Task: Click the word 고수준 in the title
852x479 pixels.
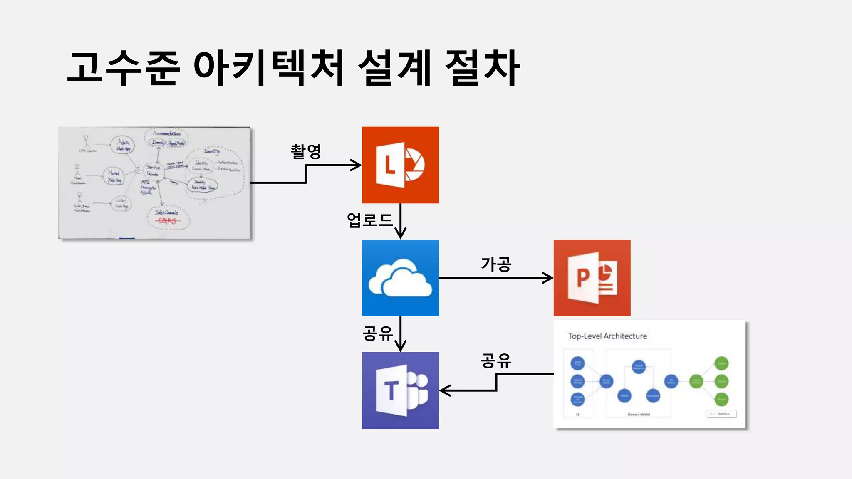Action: point(124,69)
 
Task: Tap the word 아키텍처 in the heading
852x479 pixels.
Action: point(269,69)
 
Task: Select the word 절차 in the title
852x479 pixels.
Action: point(483,69)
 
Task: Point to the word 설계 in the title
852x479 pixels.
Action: point(394,69)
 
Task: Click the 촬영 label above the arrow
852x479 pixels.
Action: point(306,152)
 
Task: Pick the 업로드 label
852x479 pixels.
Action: point(369,220)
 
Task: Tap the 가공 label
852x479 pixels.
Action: point(496,264)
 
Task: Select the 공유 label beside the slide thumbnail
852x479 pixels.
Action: point(496,360)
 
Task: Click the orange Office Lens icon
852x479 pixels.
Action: point(400,165)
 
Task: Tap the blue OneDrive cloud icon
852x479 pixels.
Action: point(400,278)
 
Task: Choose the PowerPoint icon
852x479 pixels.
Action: point(592,278)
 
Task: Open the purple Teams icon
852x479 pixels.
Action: point(400,390)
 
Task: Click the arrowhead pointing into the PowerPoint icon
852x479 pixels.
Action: point(548,278)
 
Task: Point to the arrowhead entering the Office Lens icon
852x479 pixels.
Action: point(357,165)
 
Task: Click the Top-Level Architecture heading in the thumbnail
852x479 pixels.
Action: point(607,336)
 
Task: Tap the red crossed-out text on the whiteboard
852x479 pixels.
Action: point(167,221)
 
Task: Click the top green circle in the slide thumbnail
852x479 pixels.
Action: point(721,363)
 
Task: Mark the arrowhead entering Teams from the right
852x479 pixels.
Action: point(444,390)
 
